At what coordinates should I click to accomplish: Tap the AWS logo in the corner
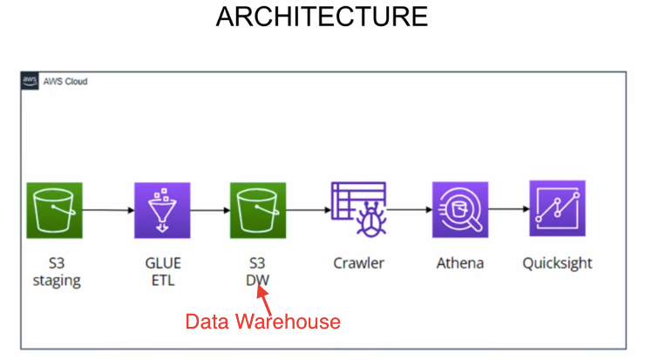(30, 81)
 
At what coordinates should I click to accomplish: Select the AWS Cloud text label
(65, 81)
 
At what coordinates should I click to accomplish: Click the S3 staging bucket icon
(54, 210)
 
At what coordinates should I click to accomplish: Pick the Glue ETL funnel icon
(161, 210)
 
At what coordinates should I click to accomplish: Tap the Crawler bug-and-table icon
(359, 209)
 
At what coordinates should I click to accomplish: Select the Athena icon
(460, 209)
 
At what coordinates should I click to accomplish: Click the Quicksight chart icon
(557, 208)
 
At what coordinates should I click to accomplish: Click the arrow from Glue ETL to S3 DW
(209, 210)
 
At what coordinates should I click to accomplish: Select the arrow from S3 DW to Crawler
(308, 210)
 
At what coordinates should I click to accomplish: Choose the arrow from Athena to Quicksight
(509, 210)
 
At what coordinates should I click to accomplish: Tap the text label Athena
(460, 262)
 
